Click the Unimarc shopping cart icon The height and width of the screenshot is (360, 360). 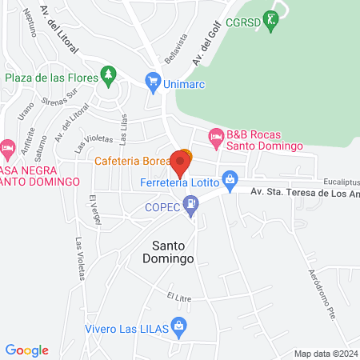(152, 80)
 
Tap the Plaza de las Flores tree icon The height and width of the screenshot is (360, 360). (109, 76)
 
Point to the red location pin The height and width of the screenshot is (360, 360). (181, 163)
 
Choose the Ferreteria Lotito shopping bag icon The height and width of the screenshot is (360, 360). (230, 177)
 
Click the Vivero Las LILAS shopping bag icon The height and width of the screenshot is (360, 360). (178, 326)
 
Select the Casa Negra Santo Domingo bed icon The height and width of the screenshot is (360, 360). (8, 148)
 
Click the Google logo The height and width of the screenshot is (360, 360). (27, 350)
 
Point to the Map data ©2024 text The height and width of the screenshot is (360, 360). (325, 354)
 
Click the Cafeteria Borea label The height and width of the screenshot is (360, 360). (131, 161)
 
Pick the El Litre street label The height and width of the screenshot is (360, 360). (182, 297)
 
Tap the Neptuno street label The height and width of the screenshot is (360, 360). (30, 25)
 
